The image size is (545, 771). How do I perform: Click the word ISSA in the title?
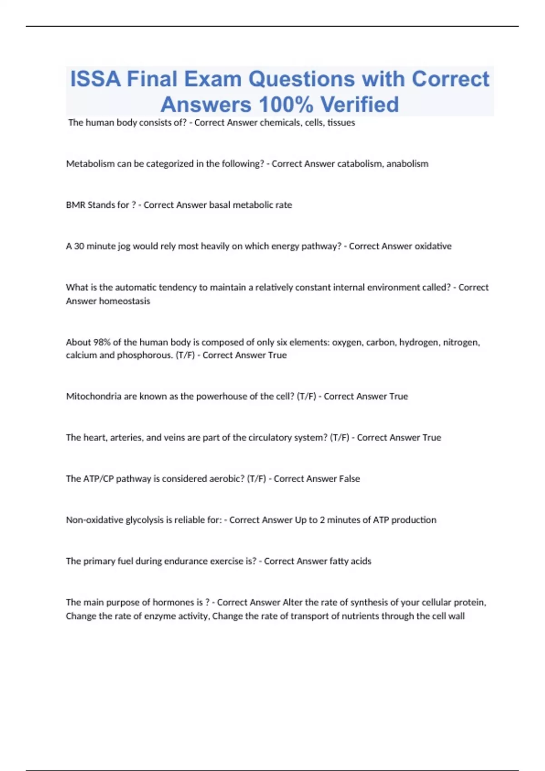(95, 79)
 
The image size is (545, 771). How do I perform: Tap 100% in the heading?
(286, 104)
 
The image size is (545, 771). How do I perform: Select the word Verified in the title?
(360, 104)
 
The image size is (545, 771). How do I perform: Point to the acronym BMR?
(75, 205)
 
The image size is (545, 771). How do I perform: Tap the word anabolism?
(407, 164)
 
